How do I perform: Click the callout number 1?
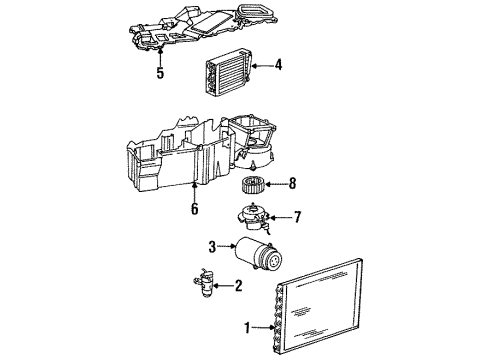point(246,326)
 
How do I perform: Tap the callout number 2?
point(238,286)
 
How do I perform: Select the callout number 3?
point(212,247)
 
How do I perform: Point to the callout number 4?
point(278,66)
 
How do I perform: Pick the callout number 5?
point(159,73)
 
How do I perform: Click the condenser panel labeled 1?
point(320,305)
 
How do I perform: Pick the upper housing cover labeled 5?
point(200,30)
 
